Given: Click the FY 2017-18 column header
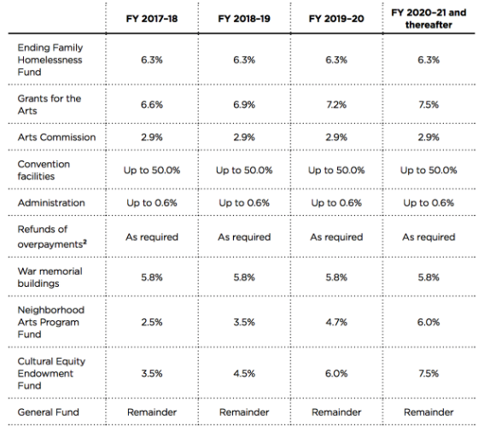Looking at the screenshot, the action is tap(152, 19).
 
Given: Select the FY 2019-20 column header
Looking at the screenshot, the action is tap(336, 19).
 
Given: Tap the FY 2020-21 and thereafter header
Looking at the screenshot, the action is tap(429, 19).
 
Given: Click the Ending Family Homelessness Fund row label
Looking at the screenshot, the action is tap(50, 60).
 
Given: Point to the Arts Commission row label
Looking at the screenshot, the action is tap(56, 137).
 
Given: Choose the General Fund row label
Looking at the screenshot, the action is tap(48, 412).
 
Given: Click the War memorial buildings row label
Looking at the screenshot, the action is tap(50, 277).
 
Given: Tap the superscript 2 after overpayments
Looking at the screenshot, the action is tap(85, 242).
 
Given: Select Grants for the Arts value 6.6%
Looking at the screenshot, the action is tap(152, 104).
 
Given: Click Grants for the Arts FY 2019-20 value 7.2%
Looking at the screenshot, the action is tap(336, 104).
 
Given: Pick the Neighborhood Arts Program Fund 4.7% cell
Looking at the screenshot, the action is tap(336, 322).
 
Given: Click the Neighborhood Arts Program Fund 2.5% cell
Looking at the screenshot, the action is tap(152, 322).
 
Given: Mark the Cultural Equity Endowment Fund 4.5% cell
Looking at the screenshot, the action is tap(244, 373).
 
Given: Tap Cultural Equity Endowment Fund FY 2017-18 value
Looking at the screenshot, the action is tap(152, 373).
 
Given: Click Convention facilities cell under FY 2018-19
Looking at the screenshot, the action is tap(244, 170).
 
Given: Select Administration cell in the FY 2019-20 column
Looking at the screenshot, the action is tap(336, 203).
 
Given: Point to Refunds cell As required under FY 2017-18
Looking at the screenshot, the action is tap(152, 237).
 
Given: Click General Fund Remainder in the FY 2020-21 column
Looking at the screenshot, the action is tap(429, 412).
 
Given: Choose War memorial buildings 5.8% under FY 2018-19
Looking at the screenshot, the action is tap(244, 277).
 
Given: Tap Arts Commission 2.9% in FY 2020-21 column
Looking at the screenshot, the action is tap(429, 137).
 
